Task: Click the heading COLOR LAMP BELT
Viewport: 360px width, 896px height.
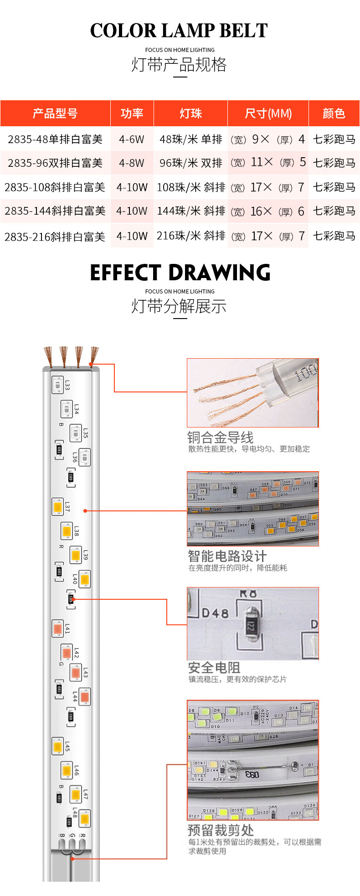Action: (179, 31)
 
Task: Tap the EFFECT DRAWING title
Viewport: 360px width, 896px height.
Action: (180, 273)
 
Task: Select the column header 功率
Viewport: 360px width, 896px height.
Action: (132, 113)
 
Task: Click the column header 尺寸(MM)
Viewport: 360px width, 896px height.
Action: (268, 113)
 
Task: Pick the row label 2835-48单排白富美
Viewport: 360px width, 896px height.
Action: (55, 139)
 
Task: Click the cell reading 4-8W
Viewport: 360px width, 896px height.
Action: (132, 163)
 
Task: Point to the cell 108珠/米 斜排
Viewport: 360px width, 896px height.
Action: (191, 187)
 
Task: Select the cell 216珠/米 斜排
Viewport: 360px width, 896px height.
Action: (191, 236)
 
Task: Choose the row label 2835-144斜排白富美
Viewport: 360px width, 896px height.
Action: (55, 211)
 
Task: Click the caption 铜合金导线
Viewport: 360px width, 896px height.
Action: (220, 438)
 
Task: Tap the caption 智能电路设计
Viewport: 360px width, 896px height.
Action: (227, 556)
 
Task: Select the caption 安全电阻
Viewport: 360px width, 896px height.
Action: (214, 668)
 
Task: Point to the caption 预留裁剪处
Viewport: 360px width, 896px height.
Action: (221, 830)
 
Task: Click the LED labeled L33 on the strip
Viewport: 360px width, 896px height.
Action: (57, 385)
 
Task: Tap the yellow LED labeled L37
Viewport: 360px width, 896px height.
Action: (57, 506)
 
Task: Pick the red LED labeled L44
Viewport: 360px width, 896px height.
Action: (84, 697)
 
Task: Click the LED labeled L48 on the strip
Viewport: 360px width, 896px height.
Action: (84, 819)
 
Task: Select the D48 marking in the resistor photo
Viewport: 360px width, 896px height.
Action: (215, 613)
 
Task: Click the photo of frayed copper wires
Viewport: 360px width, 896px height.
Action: (252, 393)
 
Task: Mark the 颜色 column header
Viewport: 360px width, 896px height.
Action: (334, 113)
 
